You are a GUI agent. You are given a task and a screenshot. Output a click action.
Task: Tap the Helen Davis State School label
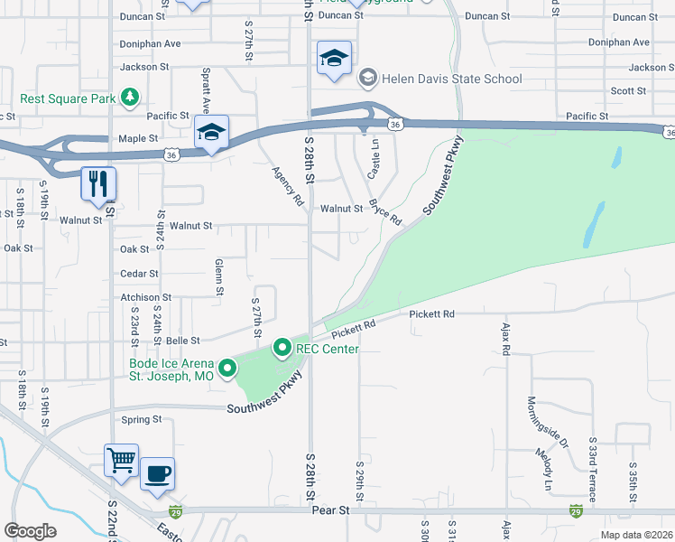(450, 79)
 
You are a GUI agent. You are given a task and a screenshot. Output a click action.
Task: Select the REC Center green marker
(282, 347)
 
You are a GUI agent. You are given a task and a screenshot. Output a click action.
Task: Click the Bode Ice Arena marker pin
(227, 368)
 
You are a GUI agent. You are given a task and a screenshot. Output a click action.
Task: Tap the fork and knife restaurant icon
(98, 183)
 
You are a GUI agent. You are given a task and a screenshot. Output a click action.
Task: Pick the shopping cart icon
(122, 460)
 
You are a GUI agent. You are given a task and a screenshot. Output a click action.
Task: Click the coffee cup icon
(157, 472)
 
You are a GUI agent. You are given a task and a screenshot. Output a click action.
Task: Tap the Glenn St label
(219, 276)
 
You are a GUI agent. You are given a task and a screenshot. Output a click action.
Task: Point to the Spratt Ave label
(207, 85)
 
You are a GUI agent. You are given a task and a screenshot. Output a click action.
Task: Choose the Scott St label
(627, 91)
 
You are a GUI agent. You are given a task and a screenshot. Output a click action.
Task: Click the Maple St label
(138, 139)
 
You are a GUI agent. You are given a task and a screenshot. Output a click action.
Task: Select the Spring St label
(141, 420)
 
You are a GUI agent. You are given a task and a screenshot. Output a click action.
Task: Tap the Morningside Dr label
(547, 422)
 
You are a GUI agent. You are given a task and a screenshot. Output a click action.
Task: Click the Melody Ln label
(548, 463)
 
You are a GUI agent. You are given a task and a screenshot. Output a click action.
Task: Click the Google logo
(30, 530)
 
